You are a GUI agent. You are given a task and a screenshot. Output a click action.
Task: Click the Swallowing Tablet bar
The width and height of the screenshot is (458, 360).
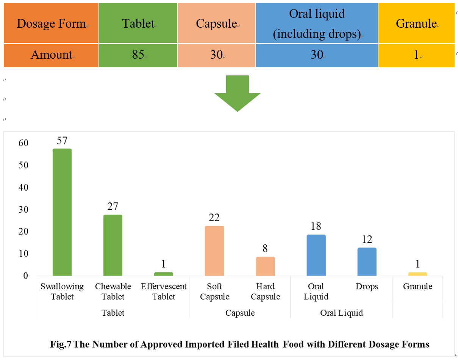click(62, 212)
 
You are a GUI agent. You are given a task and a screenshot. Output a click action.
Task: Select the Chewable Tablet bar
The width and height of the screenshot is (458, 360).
click(113, 245)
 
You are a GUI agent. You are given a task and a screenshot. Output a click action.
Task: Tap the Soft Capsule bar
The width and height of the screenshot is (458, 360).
click(214, 251)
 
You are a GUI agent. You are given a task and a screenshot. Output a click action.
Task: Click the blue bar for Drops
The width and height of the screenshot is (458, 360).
click(367, 262)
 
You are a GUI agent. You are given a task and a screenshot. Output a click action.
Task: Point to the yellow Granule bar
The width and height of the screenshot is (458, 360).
click(417, 274)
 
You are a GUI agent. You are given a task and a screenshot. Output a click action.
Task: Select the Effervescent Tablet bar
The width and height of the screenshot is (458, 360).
click(164, 274)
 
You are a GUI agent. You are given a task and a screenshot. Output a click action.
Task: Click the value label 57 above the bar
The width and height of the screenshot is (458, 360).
click(62, 141)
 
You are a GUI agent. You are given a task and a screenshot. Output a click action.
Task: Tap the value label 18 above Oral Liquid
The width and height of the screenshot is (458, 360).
click(316, 227)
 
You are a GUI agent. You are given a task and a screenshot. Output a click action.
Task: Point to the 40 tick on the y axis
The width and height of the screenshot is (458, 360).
click(23, 188)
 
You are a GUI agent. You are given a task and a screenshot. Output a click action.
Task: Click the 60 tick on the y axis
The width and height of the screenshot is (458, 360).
click(23, 143)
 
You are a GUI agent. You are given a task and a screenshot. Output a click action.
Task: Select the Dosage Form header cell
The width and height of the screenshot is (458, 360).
click(51, 23)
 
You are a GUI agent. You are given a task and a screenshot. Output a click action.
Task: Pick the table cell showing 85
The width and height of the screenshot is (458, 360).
click(138, 55)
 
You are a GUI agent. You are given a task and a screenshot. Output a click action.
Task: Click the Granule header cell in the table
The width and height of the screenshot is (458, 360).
click(416, 23)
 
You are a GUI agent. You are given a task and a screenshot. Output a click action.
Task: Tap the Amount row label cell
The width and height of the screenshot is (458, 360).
click(51, 55)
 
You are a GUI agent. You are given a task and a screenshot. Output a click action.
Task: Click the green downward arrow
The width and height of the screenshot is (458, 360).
click(238, 93)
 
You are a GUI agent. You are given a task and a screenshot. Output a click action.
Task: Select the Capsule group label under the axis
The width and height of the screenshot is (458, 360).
click(240, 313)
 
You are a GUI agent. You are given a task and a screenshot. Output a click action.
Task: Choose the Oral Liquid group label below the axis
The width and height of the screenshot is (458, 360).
click(341, 313)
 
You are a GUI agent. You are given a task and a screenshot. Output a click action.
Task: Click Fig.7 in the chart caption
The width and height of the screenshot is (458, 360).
click(61, 344)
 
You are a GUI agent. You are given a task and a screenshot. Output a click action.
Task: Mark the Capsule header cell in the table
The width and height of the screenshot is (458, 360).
click(216, 23)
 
